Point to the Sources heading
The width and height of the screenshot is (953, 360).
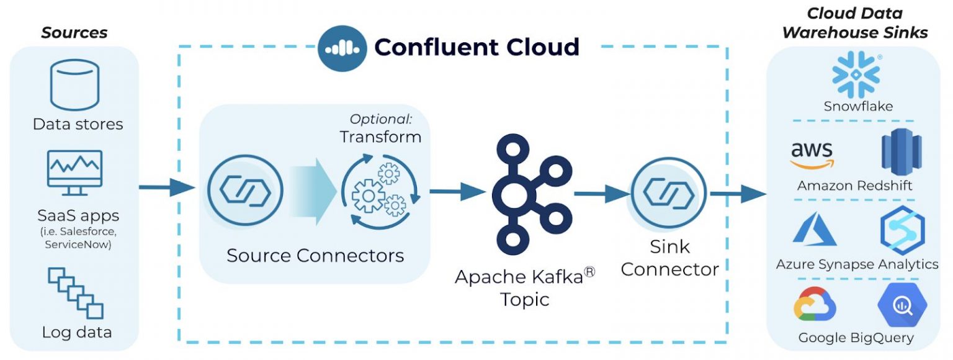pyautogui.click(x=74, y=33)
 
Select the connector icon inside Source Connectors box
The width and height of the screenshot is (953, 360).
pyautogui.click(x=245, y=190)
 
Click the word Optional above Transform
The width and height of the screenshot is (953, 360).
pyautogui.click(x=380, y=119)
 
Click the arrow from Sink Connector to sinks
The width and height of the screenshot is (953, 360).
pyautogui.click(x=738, y=194)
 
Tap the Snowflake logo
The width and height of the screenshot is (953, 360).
pyautogui.click(x=856, y=75)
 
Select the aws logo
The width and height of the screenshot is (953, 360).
pyautogui.click(x=812, y=155)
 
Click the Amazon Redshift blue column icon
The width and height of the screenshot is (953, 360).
pyautogui.click(x=901, y=152)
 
